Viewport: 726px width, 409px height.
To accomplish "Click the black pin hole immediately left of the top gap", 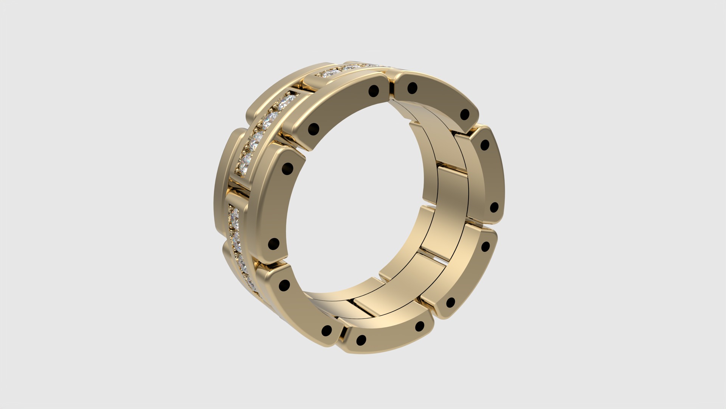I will (x=373, y=90).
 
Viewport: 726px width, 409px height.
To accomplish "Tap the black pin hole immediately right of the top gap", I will (x=413, y=89).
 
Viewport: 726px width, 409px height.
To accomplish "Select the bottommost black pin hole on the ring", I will (x=361, y=340).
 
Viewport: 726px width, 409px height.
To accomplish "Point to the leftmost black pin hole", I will (x=273, y=244).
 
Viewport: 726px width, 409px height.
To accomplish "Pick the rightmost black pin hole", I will (x=494, y=207).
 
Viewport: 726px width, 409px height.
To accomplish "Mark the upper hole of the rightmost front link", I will (x=484, y=145).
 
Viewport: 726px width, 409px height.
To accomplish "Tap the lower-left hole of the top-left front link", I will (x=313, y=129).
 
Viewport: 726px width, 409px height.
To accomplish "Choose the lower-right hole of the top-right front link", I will (x=465, y=114).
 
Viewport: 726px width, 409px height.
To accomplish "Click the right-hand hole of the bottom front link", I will (x=420, y=326).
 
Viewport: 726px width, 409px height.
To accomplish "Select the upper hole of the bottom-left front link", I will (x=284, y=285).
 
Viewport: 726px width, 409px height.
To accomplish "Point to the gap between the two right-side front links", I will (x=480, y=223).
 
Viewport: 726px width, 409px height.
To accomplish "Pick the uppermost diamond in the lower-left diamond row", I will (x=233, y=214).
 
